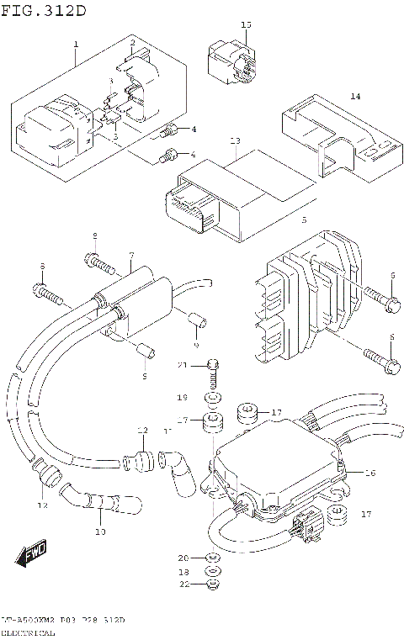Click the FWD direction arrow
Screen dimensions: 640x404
tap(32, 555)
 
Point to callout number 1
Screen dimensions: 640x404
tap(75, 44)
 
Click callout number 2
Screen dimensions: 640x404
tap(132, 42)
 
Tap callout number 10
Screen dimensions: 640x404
tap(100, 532)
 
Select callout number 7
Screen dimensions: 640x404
tap(131, 254)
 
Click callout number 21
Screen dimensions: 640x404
tap(181, 364)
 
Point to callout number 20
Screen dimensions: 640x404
tap(182, 558)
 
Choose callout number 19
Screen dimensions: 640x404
tap(181, 396)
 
